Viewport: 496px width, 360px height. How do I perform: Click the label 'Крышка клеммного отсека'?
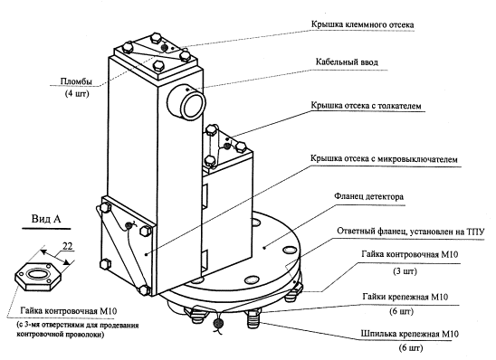point(362,24)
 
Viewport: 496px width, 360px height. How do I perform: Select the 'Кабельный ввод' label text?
point(347,62)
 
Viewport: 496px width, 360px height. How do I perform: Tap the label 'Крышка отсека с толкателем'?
point(366,105)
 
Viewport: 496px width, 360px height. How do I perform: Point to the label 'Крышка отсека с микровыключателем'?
point(384,158)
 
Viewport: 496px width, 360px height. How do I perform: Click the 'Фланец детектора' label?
point(369,196)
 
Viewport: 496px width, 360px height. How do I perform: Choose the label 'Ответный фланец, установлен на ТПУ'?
point(410,232)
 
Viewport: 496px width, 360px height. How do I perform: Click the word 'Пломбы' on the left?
point(76,81)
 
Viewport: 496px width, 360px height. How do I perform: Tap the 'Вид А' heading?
point(46,219)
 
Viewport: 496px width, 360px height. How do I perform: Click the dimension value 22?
point(67,246)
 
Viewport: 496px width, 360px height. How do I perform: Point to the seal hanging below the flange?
point(218,323)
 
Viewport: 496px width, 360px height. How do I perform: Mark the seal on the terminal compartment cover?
point(164,47)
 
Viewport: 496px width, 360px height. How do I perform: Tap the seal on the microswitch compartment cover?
point(129,225)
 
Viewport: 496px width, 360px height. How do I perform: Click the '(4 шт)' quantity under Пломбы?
point(77,93)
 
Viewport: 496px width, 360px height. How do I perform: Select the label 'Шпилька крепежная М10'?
point(410,334)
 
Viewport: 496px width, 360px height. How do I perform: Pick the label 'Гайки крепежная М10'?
point(405,297)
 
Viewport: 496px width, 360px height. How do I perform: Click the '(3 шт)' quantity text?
point(405,271)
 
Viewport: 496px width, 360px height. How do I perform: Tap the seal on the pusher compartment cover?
point(227,146)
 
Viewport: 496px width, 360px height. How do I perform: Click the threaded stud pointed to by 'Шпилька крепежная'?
point(253,319)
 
